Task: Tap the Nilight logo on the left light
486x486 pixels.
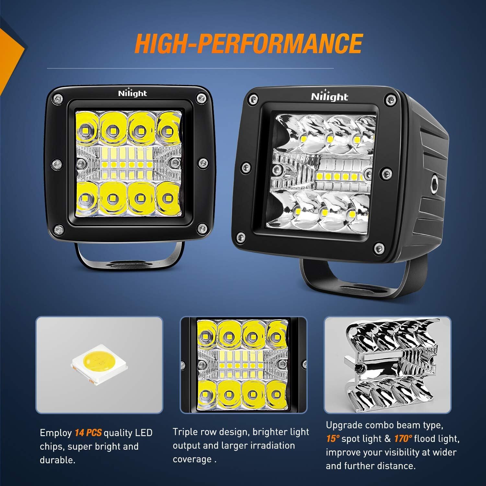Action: point(132,93)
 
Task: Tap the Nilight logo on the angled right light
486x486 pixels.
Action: point(329,96)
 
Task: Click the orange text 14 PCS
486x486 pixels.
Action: point(88,433)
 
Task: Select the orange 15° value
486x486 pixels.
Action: point(333,439)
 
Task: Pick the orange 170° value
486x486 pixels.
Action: point(403,439)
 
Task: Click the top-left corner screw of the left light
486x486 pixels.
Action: point(58,98)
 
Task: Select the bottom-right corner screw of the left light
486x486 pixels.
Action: point(202,227)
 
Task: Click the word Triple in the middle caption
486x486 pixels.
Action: point(184,432)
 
